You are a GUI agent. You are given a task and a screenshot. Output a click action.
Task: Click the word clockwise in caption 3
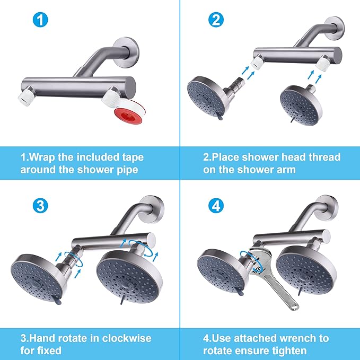(122, 338)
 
